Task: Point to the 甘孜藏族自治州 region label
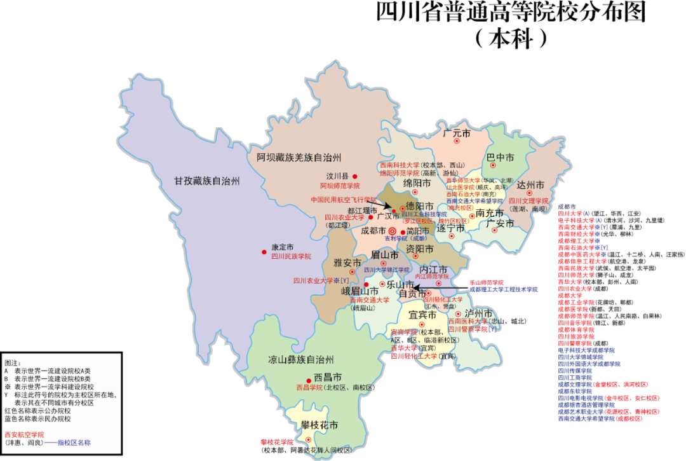(x=207, y=181)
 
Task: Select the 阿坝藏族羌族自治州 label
(x=299, y=157)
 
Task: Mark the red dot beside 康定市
(x=264, y=252)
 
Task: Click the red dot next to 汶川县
(x=355, y=176)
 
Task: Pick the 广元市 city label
(x=456, y=134)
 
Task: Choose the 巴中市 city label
(x=500, y=156)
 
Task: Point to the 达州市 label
(x=530, y=185)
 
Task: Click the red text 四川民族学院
(x=291, y=257)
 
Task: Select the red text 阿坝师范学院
(x=339, y=186)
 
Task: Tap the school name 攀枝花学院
(x=277, y=442)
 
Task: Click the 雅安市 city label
(x=347, y=263)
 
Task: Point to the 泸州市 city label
(x=478, y=313)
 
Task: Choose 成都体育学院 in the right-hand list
(x=575, y=330)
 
